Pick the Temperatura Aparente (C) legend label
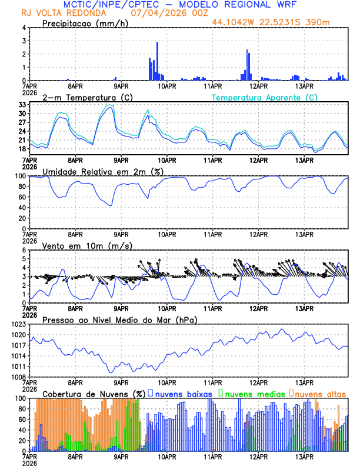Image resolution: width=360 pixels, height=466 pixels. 265,97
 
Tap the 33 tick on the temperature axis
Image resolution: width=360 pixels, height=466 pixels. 22,105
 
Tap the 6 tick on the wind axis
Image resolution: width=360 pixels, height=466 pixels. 24,250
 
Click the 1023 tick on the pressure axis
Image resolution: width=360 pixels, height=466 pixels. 18,324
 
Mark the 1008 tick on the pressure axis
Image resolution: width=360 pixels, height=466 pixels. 18,377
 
